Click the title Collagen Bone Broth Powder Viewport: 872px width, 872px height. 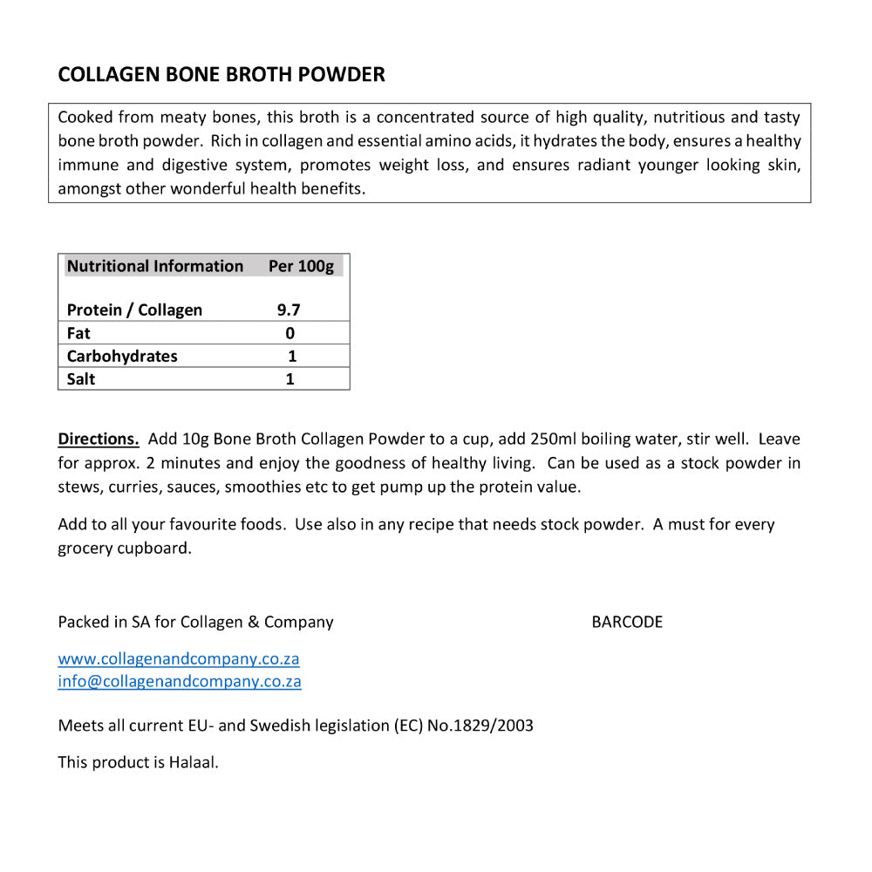click(x=221, y=75)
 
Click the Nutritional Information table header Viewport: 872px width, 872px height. click(x=155, y=266)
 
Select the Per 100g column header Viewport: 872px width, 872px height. click(x=301, y=266)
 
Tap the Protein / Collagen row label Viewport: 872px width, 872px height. click(x=134, y=310)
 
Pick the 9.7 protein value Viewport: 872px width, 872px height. click(x=289, y=310)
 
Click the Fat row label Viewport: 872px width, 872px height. click(x=78, y=333)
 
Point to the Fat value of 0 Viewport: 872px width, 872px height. click(x=290, y=333)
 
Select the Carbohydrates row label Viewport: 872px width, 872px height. click(x=122, y=356)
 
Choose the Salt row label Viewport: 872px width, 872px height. click(x=81, y=378)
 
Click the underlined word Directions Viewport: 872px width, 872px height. click(x=99, y=439)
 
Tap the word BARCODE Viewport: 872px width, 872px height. click(x=627, y=622)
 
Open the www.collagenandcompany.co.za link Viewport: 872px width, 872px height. click(x=179, y=659)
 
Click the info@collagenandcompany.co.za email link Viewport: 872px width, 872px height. click(x=180, y=681)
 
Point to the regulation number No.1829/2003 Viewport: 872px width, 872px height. click(x=480, y=726)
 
